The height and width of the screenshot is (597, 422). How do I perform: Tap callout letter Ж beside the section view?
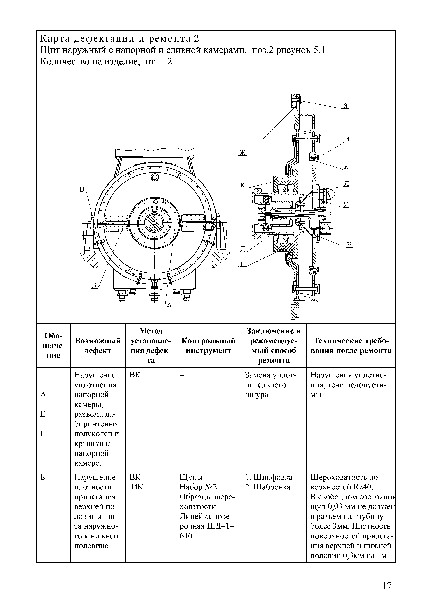pyautogui.click(x=242, y=153)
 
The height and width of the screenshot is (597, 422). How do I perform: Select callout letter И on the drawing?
pyautogui.click(x=347, y=139)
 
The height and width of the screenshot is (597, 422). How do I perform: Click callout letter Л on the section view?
pyautogui.click(x=347, y=184)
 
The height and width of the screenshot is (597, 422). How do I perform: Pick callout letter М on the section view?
pyautogui.click(x=346, y=205)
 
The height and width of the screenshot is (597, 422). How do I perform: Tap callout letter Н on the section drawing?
pyautogui.click(x=350, y=244)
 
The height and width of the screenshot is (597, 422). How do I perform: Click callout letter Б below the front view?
pyautogui.click(x=94, y=286)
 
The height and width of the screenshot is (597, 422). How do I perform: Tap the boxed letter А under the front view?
pyautogui.click(x=169, y=305)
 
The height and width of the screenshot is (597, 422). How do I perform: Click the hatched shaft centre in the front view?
pyautogui.click(x=155, y=223)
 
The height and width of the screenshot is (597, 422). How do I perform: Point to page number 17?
pyautogui.click(x=387, y=579)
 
